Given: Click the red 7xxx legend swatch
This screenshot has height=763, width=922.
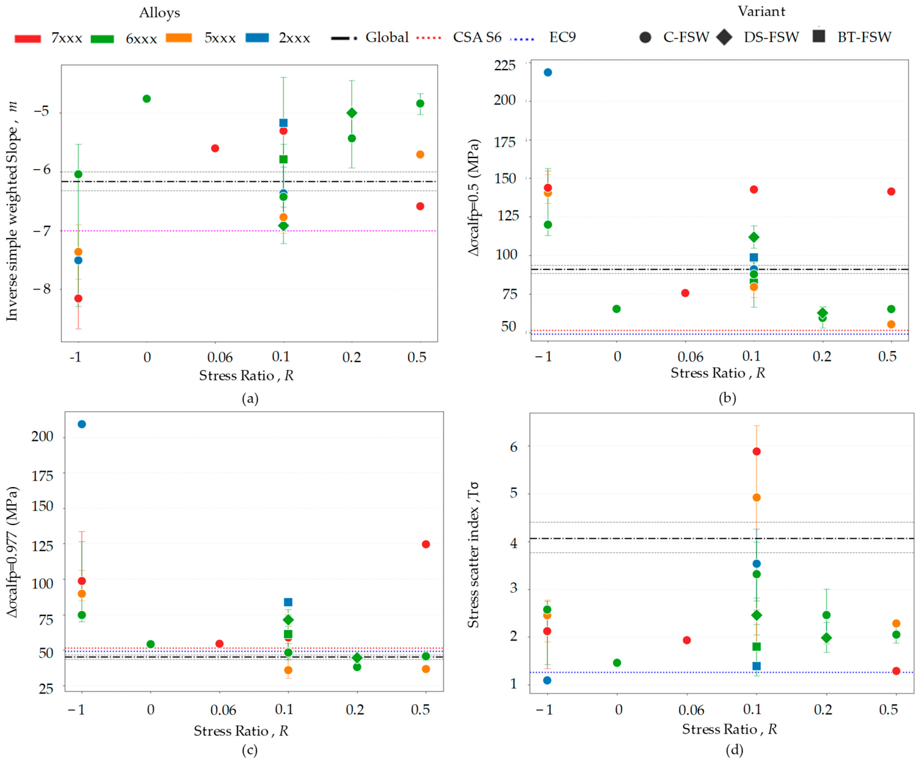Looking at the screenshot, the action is (28, 39).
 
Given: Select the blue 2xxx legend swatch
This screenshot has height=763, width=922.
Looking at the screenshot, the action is (257, 38).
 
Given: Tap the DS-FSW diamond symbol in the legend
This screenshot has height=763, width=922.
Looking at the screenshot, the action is (725, 37).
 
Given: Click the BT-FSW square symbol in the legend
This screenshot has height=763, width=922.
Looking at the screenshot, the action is (819, 36).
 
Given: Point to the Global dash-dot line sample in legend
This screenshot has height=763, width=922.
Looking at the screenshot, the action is (344, 38).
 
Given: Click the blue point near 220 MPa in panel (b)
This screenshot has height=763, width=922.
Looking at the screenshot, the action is (548, 73).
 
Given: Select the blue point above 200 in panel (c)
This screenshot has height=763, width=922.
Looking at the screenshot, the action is (82, 424).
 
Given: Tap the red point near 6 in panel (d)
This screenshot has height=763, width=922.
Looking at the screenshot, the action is (757, 451).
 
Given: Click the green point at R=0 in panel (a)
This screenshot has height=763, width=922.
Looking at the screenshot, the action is (147, 98).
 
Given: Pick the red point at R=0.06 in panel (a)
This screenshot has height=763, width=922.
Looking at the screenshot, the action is (215, 148).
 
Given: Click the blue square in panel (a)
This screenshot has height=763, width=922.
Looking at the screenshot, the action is (283, 123).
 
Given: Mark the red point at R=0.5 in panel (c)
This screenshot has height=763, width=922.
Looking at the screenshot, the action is (426, 544).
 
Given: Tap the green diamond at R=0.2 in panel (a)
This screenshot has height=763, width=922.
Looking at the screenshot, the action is (352, 113).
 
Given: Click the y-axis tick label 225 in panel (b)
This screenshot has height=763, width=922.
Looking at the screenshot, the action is (505, 65).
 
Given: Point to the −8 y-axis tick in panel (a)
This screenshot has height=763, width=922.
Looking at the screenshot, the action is (42, 289).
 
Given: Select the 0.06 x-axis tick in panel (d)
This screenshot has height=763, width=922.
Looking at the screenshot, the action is (691, 709).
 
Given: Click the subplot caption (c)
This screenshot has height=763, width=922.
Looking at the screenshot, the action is (250, 750).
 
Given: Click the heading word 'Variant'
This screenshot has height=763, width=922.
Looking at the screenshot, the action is (761, 11).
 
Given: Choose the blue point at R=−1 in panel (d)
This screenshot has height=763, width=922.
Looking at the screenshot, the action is (547, 681).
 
